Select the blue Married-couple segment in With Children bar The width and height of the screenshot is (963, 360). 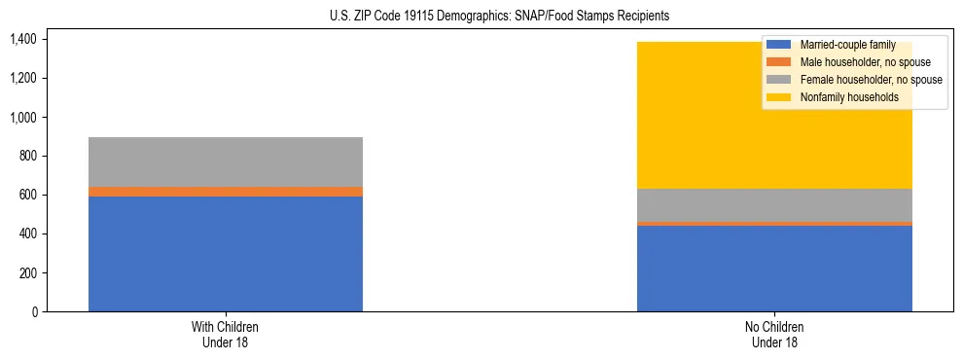[226, 253]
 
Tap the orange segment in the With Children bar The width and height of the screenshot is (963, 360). [226, 192]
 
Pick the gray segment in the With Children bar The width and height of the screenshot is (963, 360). [226, 162]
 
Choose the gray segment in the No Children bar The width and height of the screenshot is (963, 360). [774, 205]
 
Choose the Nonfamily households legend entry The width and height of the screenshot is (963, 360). [842, 97]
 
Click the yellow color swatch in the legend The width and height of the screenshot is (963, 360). [779, 97]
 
